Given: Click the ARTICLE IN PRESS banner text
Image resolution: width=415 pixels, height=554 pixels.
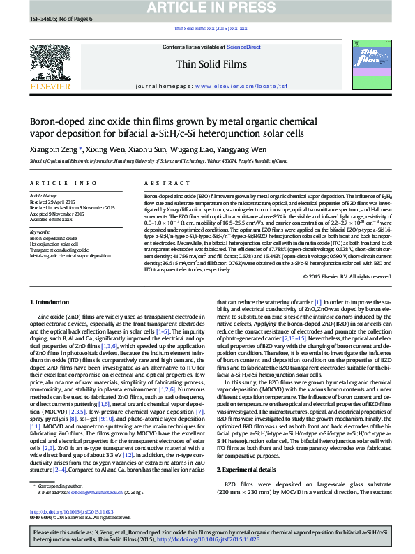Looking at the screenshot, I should click(207, 8).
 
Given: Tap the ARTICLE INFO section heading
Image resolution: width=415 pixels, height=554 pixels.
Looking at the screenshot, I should click(63, 184).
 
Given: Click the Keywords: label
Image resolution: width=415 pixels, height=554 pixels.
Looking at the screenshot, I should click(40, 232).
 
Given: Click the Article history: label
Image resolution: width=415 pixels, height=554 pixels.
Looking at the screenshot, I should click(44, 196).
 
